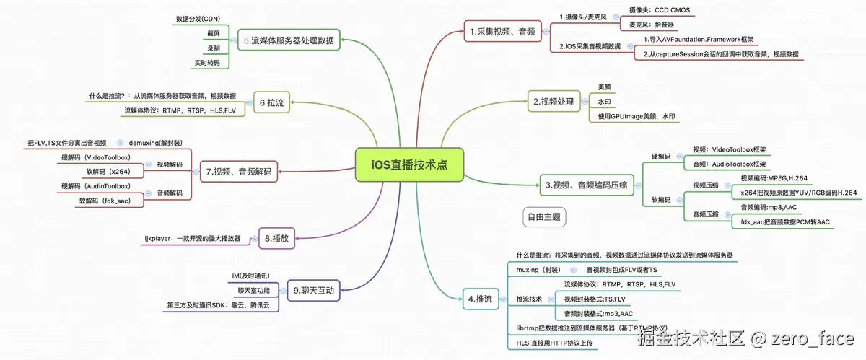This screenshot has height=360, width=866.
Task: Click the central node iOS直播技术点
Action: point(409,164)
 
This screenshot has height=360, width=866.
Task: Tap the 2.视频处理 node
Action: point(553,102)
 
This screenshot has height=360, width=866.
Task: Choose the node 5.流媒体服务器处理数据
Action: point(289,40)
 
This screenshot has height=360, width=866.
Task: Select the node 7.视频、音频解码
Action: point(238,171)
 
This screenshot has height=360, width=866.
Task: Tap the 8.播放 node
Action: point(277,237)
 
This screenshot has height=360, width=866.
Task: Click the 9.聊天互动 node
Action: point(314,291)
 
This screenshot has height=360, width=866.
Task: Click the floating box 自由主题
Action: point(543,216)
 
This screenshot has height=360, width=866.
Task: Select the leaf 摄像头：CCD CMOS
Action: point(659,11)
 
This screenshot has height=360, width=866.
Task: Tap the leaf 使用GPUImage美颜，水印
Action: point(637,116)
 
